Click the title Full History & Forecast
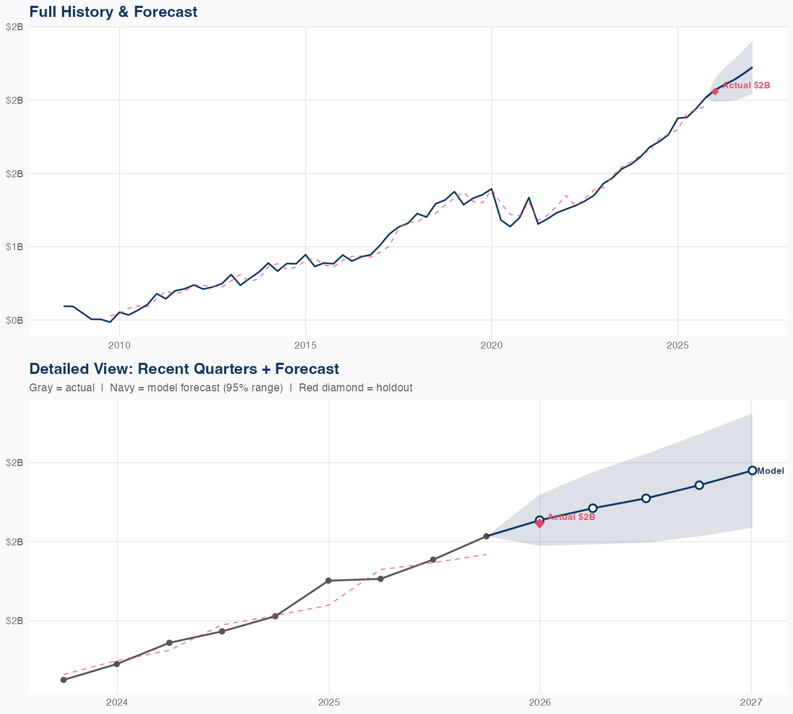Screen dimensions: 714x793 coord(113,12)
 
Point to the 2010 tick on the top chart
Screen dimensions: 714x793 coord(119,345)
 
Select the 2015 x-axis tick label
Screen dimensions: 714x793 coord(305,345)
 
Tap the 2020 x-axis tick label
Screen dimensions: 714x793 coord(491,345)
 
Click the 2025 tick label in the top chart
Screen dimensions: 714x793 coord(677,345)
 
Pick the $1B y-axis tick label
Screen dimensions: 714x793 coord(14,246)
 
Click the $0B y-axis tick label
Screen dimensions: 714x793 coord(14,320)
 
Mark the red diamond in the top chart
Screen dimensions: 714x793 coord(715,91)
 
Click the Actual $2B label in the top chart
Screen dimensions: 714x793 coord(746,85)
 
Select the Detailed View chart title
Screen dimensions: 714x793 coord(184,369)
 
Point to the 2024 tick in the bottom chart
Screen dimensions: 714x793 coord(117,702)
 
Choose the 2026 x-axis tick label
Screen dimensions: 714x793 coord(540,702)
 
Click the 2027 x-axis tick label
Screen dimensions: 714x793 coord(751,702)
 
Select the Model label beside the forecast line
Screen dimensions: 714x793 coord(770,471)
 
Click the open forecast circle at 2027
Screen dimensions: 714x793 coord(752,470)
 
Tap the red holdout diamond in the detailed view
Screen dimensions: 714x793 coord(540,523)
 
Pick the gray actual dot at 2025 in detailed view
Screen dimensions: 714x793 coord(328,581)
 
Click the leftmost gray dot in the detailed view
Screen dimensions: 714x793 coord(63,680)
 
